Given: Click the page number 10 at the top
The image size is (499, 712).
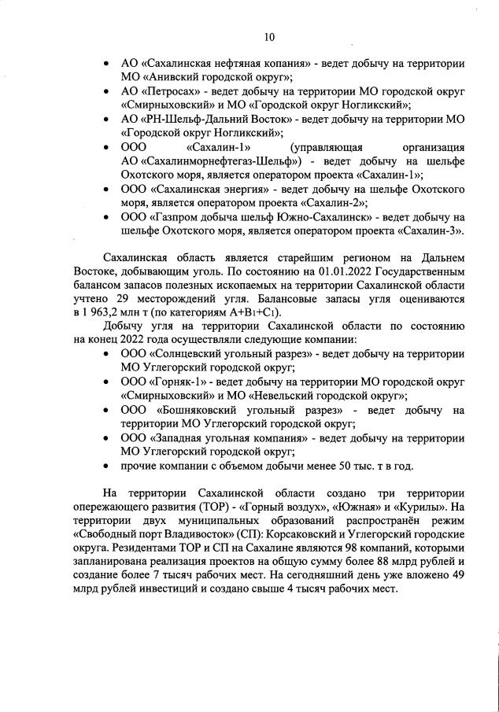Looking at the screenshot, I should (x=268, y=36).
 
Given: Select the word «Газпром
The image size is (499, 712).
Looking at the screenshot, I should (x=184, y=217).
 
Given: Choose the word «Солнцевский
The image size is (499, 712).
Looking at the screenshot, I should (x=194, y=354).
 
